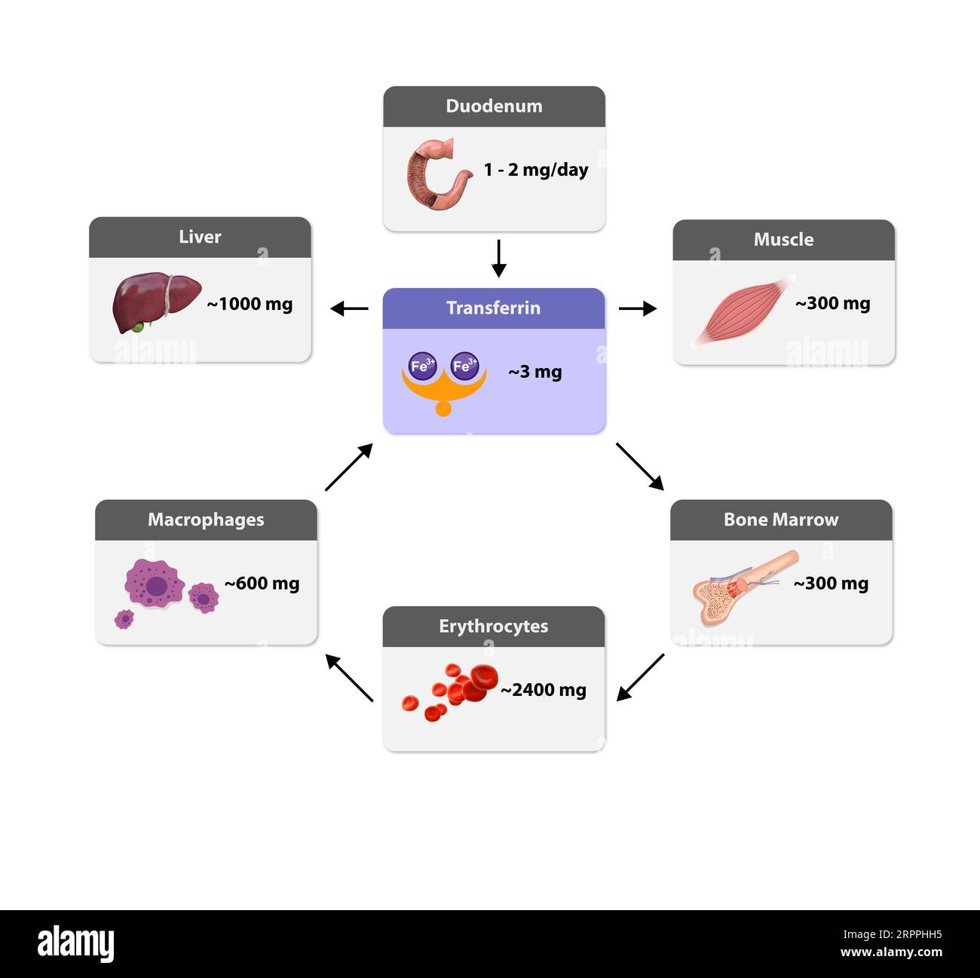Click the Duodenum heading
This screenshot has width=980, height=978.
point(494,106)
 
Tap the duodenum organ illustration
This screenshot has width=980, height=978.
point(436,174)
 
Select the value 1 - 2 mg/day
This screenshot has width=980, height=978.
point(536,170)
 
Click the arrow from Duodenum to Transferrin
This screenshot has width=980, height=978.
point(498,259)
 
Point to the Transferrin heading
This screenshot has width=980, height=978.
point(493,308)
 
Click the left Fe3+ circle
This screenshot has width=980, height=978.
point(422,366)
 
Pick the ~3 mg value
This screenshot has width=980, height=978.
point(534,372)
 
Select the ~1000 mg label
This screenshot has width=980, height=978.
point(250,304)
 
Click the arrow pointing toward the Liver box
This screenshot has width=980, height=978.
point(349,308)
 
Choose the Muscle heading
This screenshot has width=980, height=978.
point(783,240)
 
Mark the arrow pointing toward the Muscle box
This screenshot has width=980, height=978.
point(638,308)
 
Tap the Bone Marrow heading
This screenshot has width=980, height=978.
point(780,520)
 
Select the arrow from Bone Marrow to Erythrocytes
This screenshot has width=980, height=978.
point(641,677)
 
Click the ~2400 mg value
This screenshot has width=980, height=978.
point(544,690)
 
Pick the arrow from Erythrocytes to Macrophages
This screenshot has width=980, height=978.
point(349,677)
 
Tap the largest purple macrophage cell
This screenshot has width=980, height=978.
point(155,583)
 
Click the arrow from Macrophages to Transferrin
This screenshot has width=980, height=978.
point(348,468)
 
